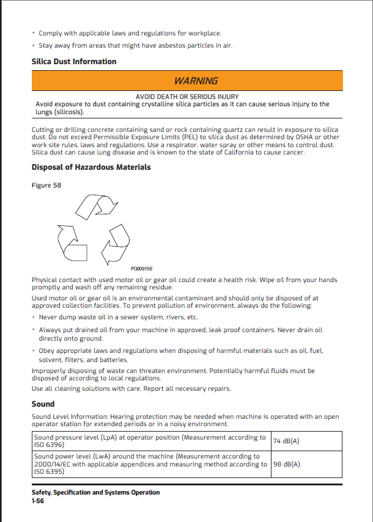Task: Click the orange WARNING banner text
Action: [x=196, y=81]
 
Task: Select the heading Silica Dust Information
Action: [x=74, y=62]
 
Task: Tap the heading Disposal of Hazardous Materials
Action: [x=91, y=167]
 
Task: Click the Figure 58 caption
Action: [x=46, y=186]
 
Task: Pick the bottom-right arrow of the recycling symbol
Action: [x=115, y=245]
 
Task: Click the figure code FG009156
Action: [x=142, y=269]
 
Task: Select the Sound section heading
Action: [x=43, y=404]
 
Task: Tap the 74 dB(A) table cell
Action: [x=286, y=441]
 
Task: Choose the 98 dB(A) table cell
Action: [x=286, y=464]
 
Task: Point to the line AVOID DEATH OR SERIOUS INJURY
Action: [x=187, y=96]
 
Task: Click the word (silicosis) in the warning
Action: [x=69, y=112]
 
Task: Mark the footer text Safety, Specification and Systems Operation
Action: [x=95, y=492]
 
